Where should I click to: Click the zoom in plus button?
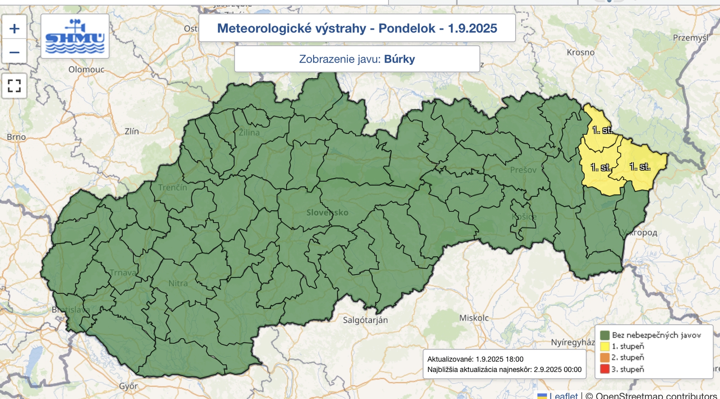(14, 29)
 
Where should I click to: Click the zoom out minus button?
(14, 52)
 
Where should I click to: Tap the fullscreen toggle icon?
(14, 86)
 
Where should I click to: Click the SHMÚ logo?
(75, 36)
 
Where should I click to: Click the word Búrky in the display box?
(399, 59)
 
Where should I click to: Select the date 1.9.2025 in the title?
(472, 28)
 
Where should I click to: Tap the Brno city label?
(16, 137)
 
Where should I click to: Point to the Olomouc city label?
(86, 69)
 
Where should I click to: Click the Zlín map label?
(132, 131)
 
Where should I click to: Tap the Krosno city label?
(580, 52)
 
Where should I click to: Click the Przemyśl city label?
(690, 38)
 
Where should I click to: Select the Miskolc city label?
(474, 318)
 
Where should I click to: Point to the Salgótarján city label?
(365, 320)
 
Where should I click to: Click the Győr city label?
(128, 386)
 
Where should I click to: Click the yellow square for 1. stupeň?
(605, 346)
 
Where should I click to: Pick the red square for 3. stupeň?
(605, 369)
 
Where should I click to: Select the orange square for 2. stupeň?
(605, 358)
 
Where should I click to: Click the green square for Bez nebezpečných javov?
(605, 335)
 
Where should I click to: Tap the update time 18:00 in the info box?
(514, 359)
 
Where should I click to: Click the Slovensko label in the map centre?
(327, 213)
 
